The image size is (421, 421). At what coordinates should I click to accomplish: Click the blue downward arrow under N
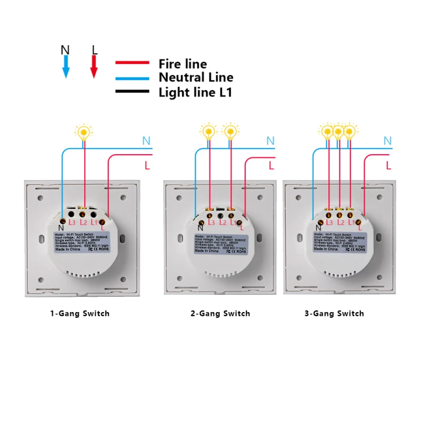(66, 67)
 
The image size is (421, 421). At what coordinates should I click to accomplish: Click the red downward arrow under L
(94, 67)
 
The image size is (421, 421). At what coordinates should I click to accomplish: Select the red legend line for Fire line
(133, 63)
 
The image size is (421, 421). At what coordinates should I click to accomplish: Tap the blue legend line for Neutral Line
(133, 77)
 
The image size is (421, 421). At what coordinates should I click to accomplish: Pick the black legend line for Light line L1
(133, 92)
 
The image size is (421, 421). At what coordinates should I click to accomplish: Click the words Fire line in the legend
(183, 64)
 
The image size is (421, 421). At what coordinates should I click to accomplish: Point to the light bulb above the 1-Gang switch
(83, 132)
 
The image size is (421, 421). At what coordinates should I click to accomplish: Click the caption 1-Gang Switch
(80, 314)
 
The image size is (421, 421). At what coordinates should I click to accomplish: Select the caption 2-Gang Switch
(220, 314)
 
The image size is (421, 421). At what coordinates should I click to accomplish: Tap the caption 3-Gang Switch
(334, 314)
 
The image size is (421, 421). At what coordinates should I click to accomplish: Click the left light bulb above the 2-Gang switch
(209, 131)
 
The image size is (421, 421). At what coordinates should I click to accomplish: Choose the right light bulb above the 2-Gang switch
(229, 131)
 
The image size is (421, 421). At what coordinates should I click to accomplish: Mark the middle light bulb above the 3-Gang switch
(338, 131)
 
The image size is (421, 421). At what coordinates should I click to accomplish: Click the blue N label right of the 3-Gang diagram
(387, 141)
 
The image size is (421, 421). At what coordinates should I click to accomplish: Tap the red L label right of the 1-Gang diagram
(147, 166)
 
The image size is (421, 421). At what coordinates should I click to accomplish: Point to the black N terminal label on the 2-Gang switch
(201, 227)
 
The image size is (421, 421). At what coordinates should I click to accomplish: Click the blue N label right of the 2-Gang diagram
(270, 141)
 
